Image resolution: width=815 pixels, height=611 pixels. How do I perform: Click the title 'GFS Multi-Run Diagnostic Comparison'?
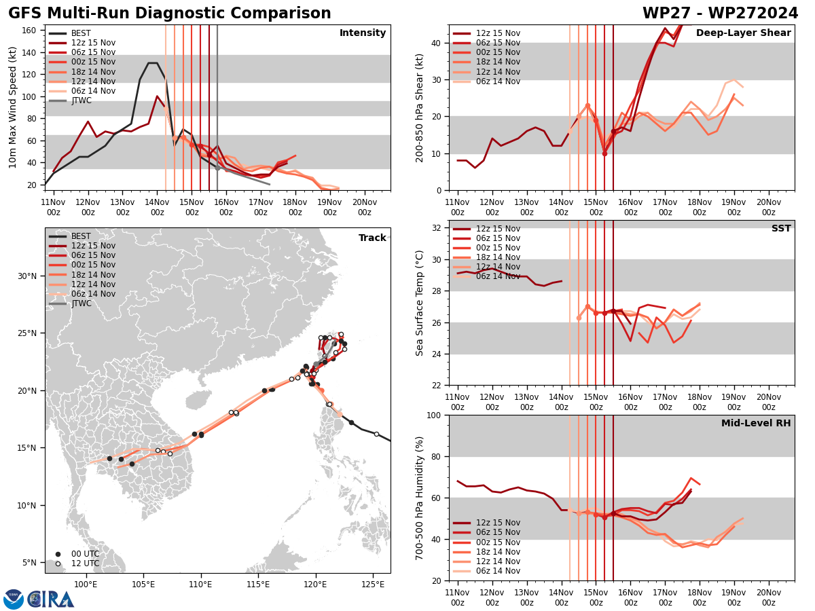pyautogui.click(x=170, y=14)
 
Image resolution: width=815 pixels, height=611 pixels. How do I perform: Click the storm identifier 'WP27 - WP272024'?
pyautogui.click(x=720, y=14)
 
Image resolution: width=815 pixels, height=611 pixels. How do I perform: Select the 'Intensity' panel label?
pyautogui.click(x=363, y=33)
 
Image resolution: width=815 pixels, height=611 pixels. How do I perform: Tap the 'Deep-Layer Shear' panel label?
pyautogui.click(x=743, y=33)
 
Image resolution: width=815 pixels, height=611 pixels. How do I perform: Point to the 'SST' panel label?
pyautogui.click(x=781, y=229)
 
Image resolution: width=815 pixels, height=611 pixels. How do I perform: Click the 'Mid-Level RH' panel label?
pyautogui.click(x=756, y=424)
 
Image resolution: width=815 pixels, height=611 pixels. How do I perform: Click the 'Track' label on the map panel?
pyautogui.click(x=372, y=238)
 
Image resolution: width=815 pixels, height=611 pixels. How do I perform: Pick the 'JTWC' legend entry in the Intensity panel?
pyautogui.click(x=81, y=100)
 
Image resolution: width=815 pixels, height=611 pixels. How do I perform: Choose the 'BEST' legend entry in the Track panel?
pyautogui.click(x=81, y=236)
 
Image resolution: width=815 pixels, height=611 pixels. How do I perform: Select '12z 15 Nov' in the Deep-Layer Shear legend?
pyautogui.click(x=498, y=33)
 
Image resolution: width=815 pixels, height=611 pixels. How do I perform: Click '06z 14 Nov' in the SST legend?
pyautogui.click(x=498, y=276)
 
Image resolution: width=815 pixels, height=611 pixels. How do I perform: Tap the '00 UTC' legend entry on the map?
pyautogui.click(x=85, y=554)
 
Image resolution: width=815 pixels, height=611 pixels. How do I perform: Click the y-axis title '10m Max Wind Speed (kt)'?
pyautogui.click(x=12, y=107)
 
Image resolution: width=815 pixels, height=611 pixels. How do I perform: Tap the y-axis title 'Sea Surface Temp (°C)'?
pyautogui.click(x=420, y=303)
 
